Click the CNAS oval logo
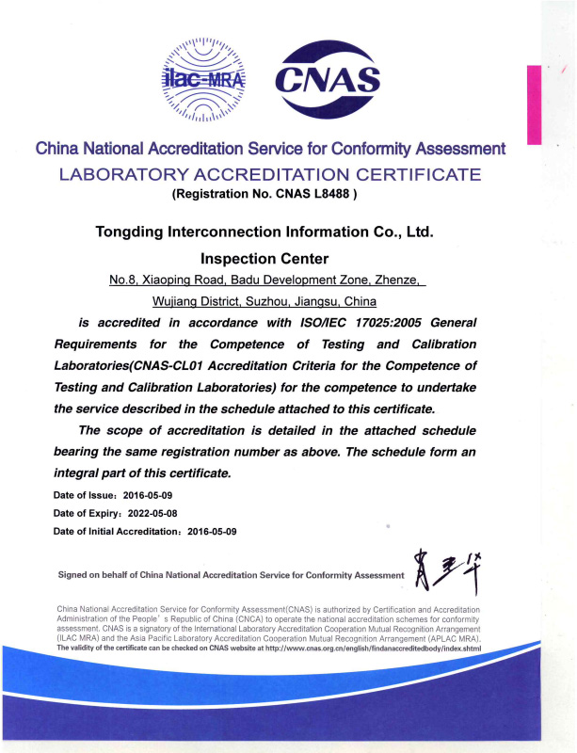pos(328,80)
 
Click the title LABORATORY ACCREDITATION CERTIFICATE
pos(271,174)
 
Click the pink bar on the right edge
pos(534,104)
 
